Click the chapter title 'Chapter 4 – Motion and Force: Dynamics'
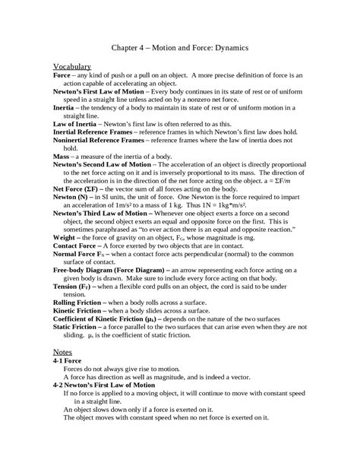coord(180,47)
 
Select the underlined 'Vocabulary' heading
coord(72,67)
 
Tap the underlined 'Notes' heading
coord(62,353)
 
